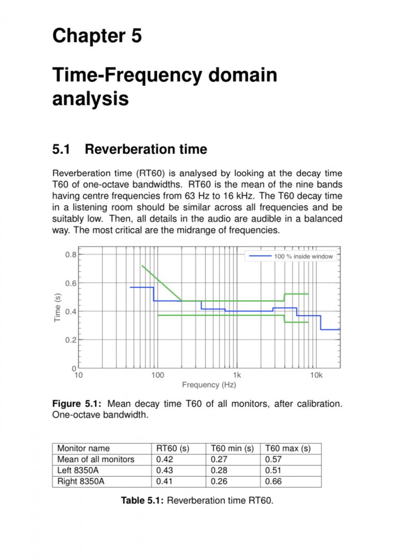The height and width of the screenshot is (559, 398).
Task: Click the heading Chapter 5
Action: [97, 36]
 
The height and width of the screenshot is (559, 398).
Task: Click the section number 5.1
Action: [61, 150]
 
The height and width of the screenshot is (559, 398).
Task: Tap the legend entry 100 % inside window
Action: [303, 256]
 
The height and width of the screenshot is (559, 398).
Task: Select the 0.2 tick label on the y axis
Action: [71, 340]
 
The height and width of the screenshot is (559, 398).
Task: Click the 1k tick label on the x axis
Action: [237, 375]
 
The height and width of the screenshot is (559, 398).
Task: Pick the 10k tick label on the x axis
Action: [316, 375]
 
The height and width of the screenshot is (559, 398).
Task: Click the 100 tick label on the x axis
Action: [157, 375]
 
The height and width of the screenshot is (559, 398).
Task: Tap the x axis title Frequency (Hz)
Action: [209, 385]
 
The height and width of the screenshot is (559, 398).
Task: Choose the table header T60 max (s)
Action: [287, 449]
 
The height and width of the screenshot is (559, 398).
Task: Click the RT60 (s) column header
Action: [173, 449]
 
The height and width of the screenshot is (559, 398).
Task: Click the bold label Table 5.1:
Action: [142, 501]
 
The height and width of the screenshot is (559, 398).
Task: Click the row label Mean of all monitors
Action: [96, 460]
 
